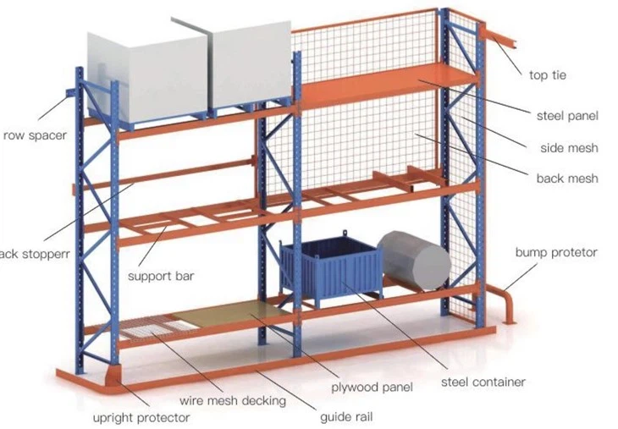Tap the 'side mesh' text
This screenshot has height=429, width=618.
coord(569,148)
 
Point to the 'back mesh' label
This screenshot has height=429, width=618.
coord(567,179)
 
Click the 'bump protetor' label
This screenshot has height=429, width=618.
coord(556,252)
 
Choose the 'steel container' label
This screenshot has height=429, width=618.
coord(483,382)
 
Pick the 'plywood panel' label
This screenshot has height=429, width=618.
coord(372,388)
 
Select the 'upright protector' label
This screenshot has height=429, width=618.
coord(141,416)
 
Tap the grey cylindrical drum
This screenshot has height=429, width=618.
coord(413,260)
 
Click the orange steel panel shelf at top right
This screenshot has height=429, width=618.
coord(385,85)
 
